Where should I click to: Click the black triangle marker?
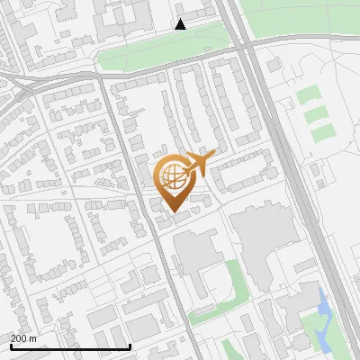coord(181,24)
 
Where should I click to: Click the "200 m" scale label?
coord(23,338)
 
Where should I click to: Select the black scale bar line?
coord(70,346)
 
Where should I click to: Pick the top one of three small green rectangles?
coord(310,94)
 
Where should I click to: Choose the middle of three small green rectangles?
coord(315,114)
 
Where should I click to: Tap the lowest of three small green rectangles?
coord(321,133)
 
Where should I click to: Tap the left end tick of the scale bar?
coord(11,346)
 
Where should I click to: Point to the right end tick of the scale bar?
coord(130,346)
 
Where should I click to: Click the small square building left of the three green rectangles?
coord(274,66)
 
